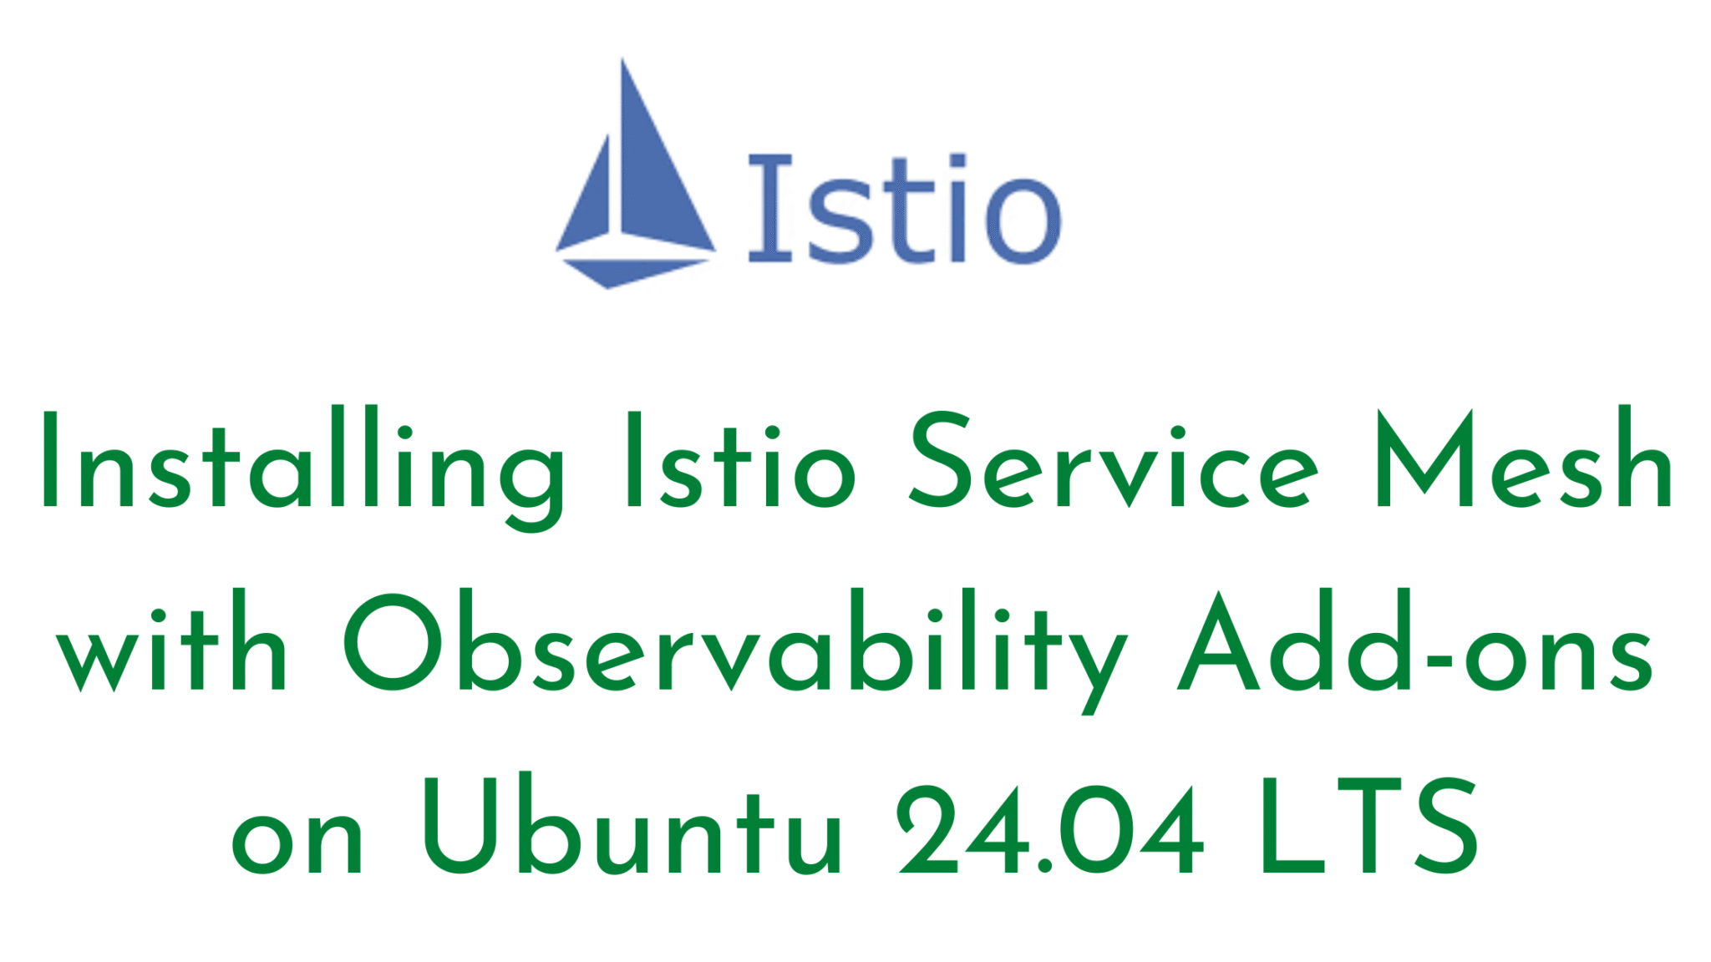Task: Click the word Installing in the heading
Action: click(302, 466)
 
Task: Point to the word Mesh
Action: click(1524, 458)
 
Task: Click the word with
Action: click(171, 640)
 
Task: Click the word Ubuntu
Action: click(632, 825)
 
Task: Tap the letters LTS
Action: click(1369, 827)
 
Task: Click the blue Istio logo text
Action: click(904, 209)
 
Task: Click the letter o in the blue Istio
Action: click(1023, 220)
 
